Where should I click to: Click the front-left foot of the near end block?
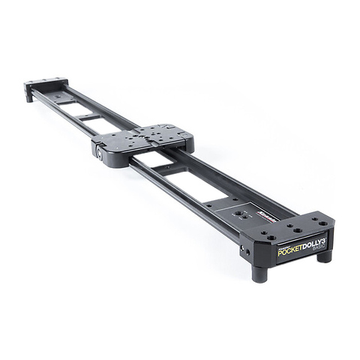tap(260, 272)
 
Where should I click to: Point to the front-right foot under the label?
tap(324, 255)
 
